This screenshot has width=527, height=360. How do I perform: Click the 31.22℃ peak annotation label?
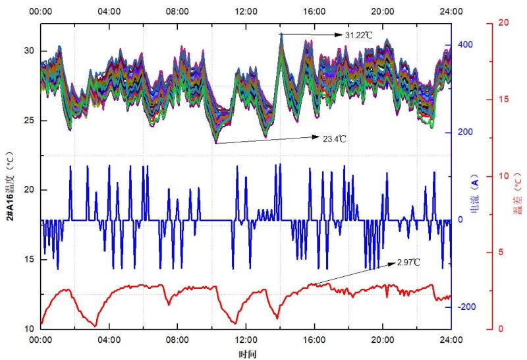coord(359,34)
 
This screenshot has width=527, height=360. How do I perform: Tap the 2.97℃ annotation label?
coord(409,262)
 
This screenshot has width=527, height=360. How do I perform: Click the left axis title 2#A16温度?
coord(11,178)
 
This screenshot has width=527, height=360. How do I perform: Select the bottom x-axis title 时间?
coord(246,354)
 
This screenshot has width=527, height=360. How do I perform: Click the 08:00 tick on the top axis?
coord(177,12)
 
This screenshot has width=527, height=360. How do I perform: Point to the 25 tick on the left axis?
coord(29,121)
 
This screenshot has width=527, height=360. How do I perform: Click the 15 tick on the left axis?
coord(29,259)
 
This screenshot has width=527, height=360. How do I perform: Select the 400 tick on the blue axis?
coord(465,44)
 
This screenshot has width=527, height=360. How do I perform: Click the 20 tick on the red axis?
coord(504,22)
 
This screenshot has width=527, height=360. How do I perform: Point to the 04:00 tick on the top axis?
coord(109,12)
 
